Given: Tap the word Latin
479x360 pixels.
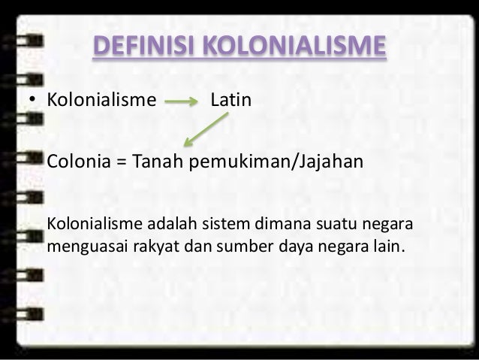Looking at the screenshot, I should point(230,100).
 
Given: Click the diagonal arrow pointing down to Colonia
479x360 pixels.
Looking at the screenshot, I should point(206,129).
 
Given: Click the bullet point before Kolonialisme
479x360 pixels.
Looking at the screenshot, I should point(33,101).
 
